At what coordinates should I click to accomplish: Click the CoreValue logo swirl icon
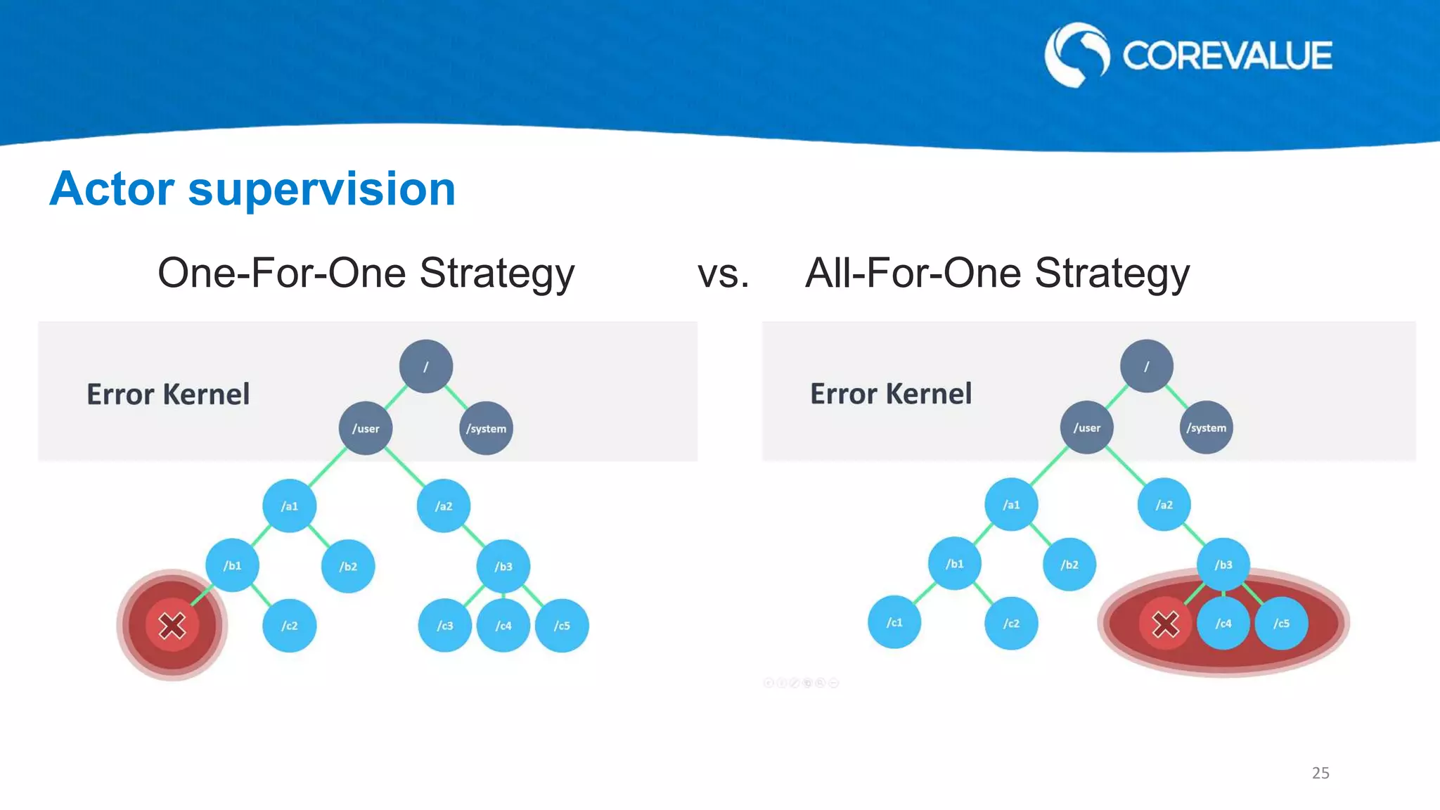1076,55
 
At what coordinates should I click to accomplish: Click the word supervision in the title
322,189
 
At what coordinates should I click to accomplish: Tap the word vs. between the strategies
723,274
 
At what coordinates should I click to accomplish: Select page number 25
1320,773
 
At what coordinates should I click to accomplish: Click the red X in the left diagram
172,625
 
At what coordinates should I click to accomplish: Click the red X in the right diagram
1165,623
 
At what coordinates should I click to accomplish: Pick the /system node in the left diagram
486,428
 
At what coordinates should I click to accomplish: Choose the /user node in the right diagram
1086,427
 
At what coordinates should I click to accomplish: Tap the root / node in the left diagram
425,366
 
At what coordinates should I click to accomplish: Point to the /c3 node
444,625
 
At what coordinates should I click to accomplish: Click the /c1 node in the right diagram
894,622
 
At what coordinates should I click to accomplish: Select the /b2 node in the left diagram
348,566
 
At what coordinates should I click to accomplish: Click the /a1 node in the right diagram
1011,504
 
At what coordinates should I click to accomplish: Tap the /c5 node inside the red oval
1281,623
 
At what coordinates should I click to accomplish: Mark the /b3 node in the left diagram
503,566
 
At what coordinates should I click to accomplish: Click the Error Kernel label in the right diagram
891,394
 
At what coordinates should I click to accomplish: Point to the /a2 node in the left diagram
443,506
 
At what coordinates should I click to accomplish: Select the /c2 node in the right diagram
1011,623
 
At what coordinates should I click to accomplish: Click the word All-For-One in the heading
913,274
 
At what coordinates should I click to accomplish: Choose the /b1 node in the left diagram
232,565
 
